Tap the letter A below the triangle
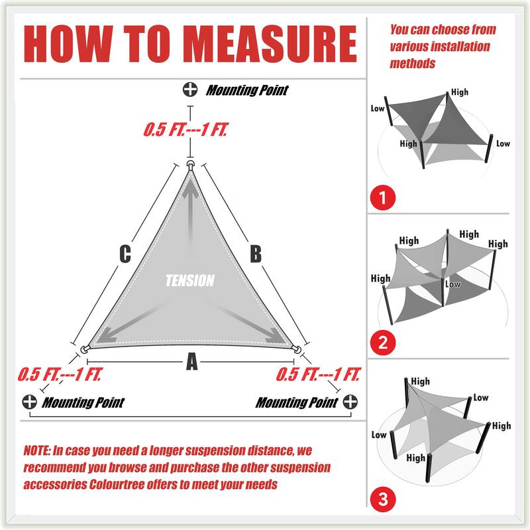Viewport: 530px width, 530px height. point(191,362)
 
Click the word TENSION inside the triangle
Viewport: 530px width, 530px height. point(190,281)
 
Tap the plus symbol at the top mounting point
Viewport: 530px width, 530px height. point(191,89)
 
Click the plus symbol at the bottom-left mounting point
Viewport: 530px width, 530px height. point(29,401)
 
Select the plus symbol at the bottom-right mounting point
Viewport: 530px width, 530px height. point(350,401)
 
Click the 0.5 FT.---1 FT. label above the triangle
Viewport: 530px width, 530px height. point(185,130)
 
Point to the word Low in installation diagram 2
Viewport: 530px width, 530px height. point(453,284)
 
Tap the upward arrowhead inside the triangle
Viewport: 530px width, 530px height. point(191,189)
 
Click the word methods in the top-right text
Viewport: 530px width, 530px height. point(413,64)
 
